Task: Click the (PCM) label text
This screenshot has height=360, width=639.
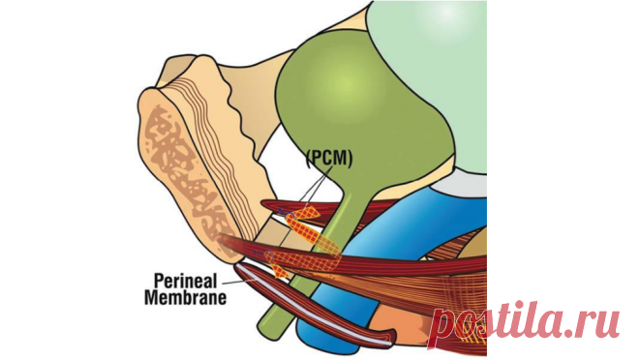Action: [x=329, y=159]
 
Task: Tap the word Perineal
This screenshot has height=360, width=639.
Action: [x=186, y=281]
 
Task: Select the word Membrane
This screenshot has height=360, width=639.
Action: [x=186, y=297]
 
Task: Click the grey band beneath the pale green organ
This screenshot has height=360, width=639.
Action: [x=461, y=183]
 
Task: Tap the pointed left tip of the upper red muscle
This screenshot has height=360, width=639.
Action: [x=262, y=203]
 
